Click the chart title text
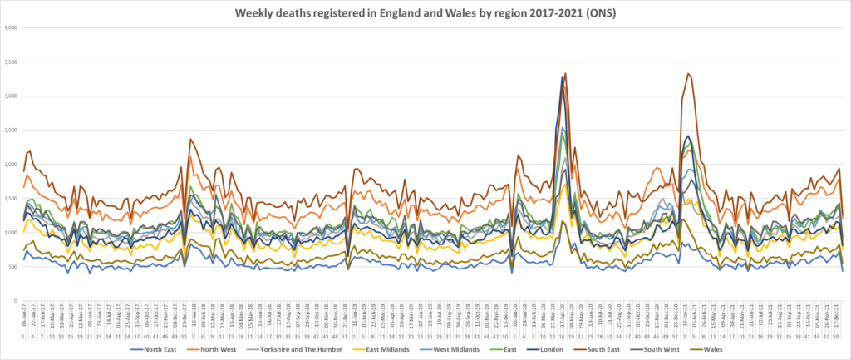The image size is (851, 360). pos(425,13)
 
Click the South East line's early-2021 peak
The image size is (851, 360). pos(688,74)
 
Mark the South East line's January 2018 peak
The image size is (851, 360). pos(191,140)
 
